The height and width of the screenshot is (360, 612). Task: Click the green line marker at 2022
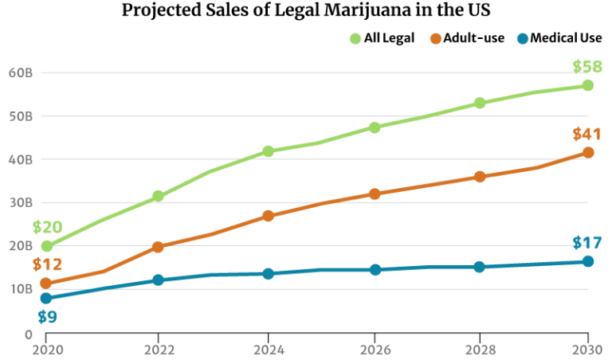point(158,196)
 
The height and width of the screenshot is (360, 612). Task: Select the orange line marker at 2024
point(269,216)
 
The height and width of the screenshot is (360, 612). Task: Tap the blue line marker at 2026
point(375,270)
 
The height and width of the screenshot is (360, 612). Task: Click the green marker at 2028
point(480,103)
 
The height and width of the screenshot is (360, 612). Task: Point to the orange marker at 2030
point(588,152)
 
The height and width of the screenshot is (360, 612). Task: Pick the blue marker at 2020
point(46,298)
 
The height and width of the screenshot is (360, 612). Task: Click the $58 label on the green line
point(586,67)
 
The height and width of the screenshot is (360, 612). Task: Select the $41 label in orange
point(586,135)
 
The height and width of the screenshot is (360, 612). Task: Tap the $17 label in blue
point(586,243)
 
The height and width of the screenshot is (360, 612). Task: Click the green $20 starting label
point(47,227)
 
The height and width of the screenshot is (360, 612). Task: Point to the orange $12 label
point(47,264)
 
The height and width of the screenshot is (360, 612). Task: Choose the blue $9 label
point(47,317)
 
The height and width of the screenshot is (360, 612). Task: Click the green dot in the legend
point(355,39)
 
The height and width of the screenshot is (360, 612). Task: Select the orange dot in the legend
point(435,39)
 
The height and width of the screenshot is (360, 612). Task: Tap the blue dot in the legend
point(522,39)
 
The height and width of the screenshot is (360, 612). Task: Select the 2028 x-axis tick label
point(480,349)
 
